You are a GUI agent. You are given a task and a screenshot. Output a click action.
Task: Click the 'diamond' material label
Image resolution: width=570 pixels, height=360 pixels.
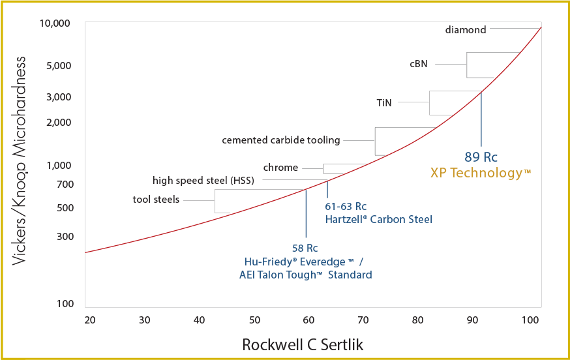466,29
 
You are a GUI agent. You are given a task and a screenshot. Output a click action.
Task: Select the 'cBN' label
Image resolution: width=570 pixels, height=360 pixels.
419,64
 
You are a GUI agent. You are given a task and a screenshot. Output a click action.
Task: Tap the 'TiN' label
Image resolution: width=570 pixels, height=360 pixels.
384,102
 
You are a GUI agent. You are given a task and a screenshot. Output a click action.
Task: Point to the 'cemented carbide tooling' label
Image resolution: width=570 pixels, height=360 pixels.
281,140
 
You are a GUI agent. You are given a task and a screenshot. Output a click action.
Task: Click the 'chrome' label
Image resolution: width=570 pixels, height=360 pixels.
280,168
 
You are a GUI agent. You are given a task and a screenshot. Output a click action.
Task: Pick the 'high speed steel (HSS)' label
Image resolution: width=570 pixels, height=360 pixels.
203,180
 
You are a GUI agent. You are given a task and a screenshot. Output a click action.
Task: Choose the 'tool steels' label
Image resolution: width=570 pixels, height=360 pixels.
156,199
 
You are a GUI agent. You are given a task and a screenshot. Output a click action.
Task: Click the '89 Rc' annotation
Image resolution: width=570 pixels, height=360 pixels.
481,157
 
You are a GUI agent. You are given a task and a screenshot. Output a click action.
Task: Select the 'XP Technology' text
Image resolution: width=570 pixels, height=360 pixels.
481,173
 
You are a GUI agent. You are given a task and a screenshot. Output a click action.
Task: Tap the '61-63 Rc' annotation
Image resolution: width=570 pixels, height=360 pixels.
346,207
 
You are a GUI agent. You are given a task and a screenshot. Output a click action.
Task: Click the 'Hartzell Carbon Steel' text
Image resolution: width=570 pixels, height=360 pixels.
378,219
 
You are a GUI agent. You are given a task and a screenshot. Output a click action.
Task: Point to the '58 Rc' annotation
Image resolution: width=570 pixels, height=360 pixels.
305,248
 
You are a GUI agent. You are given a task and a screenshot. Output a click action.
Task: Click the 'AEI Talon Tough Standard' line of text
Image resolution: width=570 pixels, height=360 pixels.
306,275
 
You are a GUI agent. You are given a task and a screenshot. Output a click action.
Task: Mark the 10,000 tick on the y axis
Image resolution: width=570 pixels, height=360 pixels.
55,24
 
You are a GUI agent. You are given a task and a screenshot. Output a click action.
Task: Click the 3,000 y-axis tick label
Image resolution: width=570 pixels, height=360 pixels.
59,97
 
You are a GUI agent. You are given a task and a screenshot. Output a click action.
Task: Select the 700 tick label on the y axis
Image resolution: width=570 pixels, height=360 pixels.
65,185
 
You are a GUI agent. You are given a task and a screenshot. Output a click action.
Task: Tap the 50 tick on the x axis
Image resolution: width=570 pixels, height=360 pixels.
255,320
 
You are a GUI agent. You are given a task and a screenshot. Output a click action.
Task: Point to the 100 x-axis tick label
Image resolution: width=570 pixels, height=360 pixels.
531,320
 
